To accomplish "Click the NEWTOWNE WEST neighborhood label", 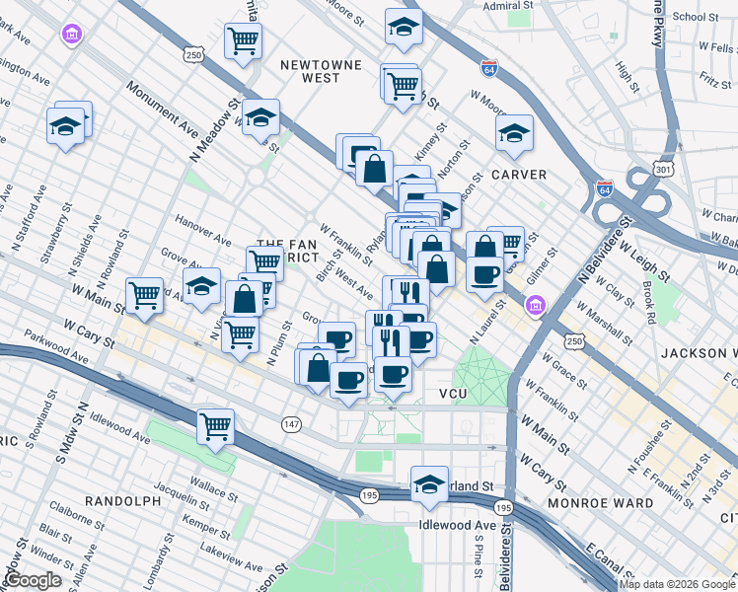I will [x=307, y=70].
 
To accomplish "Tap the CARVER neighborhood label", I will [x=519, y=175].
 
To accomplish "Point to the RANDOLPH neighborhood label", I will [x=122, y=501].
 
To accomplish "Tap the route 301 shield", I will [x=664, y=171].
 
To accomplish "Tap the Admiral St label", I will [x=509, y=5].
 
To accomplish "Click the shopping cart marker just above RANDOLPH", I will [x=215, y=427].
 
